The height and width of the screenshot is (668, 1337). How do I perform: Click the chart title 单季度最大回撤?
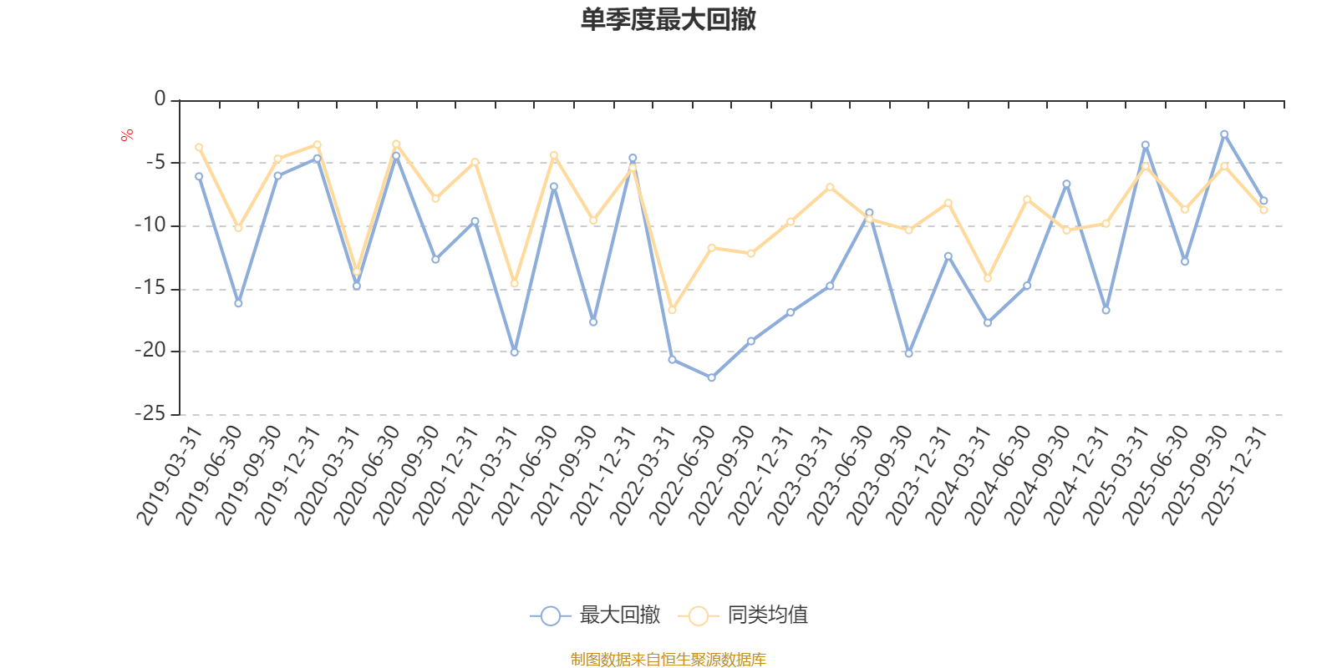tap(668, 20)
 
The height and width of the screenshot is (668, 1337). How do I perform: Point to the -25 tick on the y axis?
tap(150, 413)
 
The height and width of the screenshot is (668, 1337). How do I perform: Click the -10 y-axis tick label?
tap(150, 225)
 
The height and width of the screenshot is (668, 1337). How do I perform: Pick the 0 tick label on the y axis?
tap(160, 99)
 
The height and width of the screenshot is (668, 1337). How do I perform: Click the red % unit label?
tap(127, 135)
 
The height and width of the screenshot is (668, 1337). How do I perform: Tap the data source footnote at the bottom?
tap(668, 660)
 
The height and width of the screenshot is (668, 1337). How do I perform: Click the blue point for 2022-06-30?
tap(711, 377)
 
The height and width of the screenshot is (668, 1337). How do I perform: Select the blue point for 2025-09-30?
tap(1224, 134)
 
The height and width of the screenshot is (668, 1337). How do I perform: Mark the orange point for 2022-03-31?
tap(672, 310)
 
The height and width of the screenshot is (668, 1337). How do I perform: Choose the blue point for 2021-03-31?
tap(514, 352)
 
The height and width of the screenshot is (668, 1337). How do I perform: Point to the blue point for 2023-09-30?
tap(908, 353)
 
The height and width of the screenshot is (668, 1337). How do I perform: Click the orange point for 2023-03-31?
tap(830, 186)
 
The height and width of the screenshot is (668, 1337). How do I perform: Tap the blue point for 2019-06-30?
tap(238, 303)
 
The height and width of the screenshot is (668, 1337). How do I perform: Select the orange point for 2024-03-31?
tap(988, 278)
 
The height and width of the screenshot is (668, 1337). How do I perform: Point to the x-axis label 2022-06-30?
tap(683, 476)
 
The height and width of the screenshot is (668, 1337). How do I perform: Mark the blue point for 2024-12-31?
tap(1106, 310)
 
